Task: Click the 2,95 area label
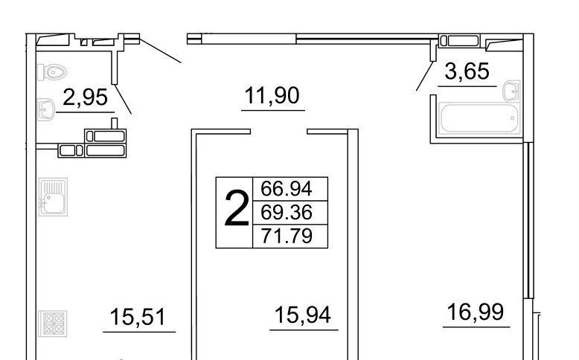click(86, 97)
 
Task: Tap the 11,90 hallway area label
click(272, 95)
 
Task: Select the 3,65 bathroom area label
click(467, 71)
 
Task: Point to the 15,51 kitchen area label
click(138, 317)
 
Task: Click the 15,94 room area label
click(303, 315)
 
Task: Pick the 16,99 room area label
click(476, 312)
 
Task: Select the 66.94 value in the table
click(287, 189)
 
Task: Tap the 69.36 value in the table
click(287, 212)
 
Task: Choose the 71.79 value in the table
click(287, 236)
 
